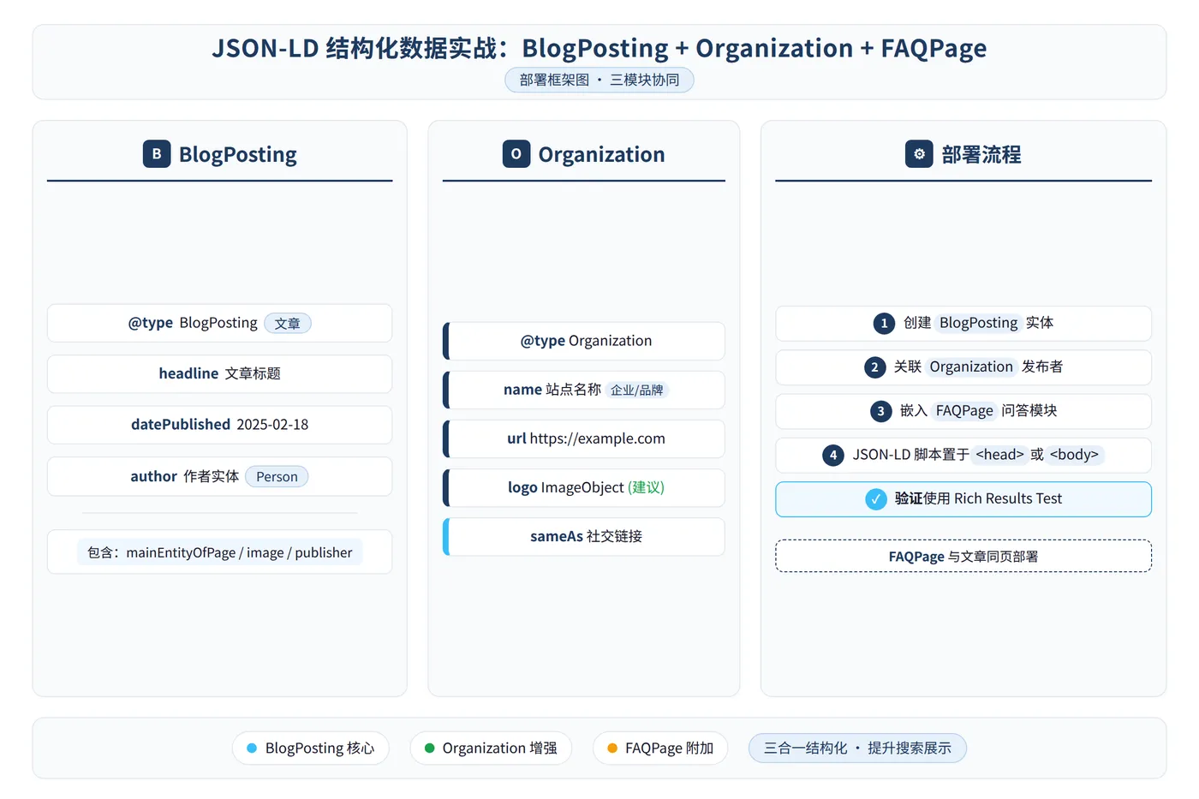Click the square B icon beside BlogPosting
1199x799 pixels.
(x=157, y=153)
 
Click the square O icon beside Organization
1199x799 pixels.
(x=516, y=153)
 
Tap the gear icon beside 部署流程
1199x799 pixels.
(x=919, y=153)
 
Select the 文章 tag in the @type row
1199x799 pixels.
(x=288, y=323)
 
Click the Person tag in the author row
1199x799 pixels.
(x=277, y=476)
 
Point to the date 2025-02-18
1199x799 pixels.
(x=272, y=425)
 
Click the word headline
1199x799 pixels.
(x=188, y=373)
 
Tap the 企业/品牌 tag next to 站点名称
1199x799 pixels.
(x=637, y=391)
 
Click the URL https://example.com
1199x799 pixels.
(x=598, y=438)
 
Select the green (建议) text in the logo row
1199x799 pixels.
(x=646, y=487)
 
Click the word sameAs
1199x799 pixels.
(x=557, y=536)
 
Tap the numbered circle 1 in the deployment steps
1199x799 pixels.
(x=884, y=323)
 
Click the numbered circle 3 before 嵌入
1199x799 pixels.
(x=880, y=411)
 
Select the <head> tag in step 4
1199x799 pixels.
(x=999, y=455)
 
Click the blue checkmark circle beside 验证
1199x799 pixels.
(x=875, y=498)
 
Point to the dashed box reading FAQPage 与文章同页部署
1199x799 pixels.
(x=963, y=556)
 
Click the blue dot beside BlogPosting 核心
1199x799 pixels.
(x=252, y=748)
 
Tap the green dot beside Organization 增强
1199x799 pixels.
(x=429, y=748)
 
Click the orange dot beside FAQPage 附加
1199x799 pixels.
(x=612, y=748)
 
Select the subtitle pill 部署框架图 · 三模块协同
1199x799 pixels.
(x=599, y=80)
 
